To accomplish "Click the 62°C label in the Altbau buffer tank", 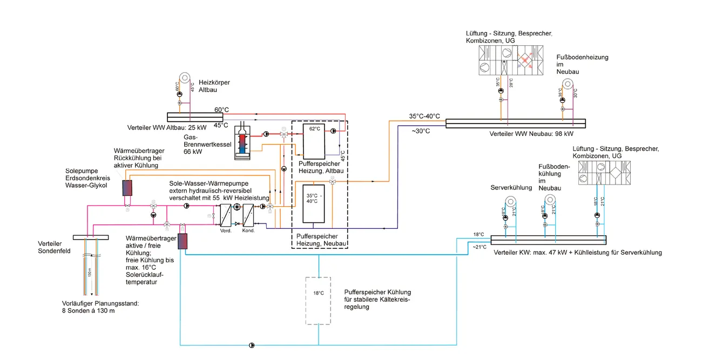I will coord(314,130).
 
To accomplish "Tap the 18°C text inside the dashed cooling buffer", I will coord(318,293).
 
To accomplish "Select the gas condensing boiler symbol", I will coord(242,142).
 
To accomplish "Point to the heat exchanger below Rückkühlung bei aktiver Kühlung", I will coord(127,188).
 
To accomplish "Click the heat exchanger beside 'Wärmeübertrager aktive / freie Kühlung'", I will coord(184,242).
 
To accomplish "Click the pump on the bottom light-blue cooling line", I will coord(252,345).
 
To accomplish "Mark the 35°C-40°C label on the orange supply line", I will coord(424,116).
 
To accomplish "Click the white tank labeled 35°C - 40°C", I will coord(313,204).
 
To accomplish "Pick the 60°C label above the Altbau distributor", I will coord(221,110).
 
